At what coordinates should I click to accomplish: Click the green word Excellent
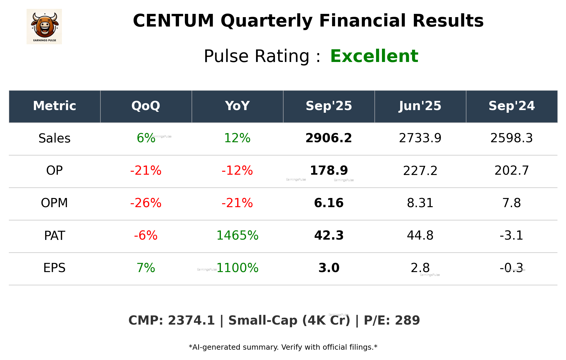[374, 56]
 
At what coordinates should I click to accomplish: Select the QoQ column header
[146, 106]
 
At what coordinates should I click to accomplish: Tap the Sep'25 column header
[329, 106]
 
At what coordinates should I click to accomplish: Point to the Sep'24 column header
[511, 106]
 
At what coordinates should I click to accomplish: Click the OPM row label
[54, 203]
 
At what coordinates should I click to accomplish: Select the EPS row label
[54, 268]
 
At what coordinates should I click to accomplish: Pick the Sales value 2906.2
[329, 138]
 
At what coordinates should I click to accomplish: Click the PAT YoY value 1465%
[237, 235]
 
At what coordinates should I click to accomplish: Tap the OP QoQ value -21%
[146, 171]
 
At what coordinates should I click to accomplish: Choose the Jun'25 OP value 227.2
[420, 171]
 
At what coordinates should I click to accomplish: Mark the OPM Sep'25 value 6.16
[329, 203]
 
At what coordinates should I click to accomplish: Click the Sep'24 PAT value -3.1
[511, 235]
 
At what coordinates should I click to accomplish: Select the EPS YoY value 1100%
[237, 268]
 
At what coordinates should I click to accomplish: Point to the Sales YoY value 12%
[237, 138]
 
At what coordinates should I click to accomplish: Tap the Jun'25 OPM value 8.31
[420, 203]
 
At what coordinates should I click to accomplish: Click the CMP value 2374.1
[191, 321]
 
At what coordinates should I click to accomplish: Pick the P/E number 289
[407, 321]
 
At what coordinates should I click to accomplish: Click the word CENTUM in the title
[173, 21]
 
